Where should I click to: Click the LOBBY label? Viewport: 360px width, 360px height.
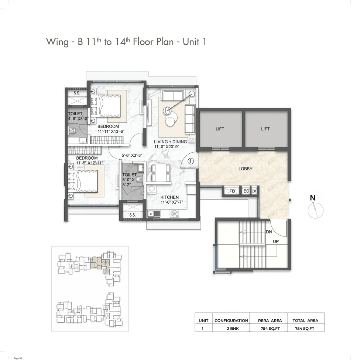[x=245, y=169]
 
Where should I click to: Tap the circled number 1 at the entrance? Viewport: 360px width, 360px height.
[x=191, y=161]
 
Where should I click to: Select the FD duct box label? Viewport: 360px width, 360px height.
[x=232, y=191]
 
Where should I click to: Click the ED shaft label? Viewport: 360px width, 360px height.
[x=246, y=191]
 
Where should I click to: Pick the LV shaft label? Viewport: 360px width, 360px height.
[x=254, y=191]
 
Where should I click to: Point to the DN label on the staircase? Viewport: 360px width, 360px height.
[x=269, y=232]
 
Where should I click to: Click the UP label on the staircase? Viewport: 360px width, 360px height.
[x=276, y=241]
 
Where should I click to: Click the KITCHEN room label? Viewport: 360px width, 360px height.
[x=169, y=197]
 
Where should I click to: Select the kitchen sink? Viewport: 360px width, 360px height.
[x=154, y=214]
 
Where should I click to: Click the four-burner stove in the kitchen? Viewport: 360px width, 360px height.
[x=174, y=214]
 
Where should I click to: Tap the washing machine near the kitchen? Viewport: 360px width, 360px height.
[x=151, y=189]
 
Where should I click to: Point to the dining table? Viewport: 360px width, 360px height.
[x=161, y=173]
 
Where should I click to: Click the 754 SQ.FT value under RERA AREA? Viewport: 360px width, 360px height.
[x=270, y=329]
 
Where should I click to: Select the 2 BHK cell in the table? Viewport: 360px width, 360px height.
[x=233, y=329]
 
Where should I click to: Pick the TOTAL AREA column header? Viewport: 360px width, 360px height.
[x=305, y=320]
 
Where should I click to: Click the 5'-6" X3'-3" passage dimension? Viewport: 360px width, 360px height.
[x=132, y=156]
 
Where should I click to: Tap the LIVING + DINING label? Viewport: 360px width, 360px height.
[x=170, y=142]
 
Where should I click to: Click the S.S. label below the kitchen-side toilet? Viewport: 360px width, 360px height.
[x=133, y=215]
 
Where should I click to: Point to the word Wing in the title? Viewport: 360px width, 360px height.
[x=57, y=42]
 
